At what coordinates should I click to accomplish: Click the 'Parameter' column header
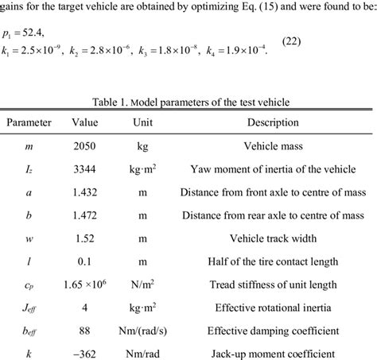pos(29,123)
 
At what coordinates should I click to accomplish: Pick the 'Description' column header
pos(273,123)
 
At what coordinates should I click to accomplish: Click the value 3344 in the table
pos(84,169)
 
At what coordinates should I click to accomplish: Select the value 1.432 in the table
pos(84,192)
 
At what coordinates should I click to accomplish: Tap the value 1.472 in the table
pos(84,215)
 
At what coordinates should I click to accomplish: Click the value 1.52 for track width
pos(84,238)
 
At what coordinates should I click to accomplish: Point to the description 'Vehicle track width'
pos(273,238)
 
